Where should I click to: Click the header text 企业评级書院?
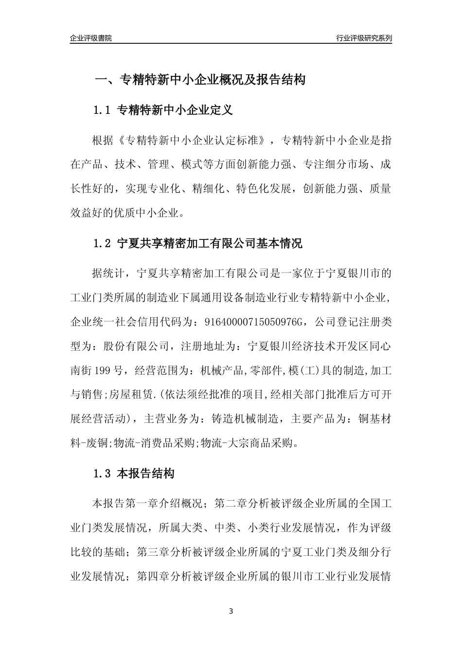tap(91, 38)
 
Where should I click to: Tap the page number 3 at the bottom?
tap(231, 611)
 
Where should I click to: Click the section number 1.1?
tap(102, 110)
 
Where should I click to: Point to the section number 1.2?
tap(102, 243)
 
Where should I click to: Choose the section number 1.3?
tap(102, 473)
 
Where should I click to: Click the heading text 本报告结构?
tap(146, 473)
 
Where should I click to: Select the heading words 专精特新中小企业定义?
tap(175, 110)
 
